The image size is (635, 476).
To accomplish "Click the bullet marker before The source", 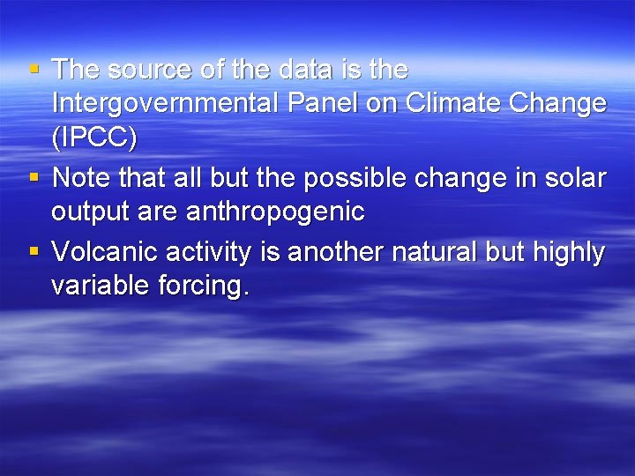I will point(34,69).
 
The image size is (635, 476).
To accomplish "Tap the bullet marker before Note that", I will point(34,177).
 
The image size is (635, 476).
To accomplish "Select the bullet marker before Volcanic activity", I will point(34,252).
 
